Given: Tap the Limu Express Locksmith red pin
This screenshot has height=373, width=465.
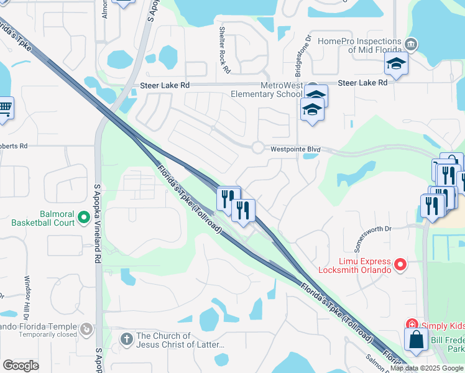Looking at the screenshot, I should click(x=401, y=265).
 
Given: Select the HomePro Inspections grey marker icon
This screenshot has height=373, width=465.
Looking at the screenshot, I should click(x=410, y=45).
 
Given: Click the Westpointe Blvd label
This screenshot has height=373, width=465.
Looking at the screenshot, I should click(x=295, y=149).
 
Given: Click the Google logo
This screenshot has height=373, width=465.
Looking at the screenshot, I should click(x=21, y=366).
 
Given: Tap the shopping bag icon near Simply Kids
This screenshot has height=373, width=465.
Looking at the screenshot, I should click(x=415, y=340).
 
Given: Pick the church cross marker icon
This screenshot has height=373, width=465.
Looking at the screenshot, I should click(x=126, y=339).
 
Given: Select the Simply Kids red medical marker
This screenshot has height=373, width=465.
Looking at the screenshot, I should click(x=412, y=324).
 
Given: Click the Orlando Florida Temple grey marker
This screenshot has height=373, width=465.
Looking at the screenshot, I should click(x=86, y=328).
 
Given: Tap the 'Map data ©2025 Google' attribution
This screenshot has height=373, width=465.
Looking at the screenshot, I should click(x=426, y=368).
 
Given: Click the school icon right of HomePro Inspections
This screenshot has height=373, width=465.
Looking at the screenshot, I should click(x=395, y=64).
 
